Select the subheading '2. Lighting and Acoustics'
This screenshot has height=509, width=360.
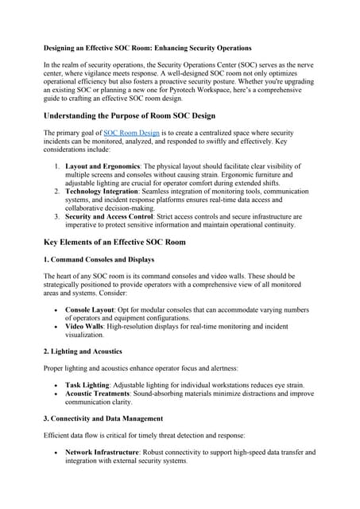click(x=83, y=351)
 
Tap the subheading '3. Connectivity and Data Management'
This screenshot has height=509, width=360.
click(x=103, y=418)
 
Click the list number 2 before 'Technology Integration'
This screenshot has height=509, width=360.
click(x=56, y=192)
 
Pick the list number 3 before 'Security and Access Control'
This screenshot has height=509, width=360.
click(x=56, y=216)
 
